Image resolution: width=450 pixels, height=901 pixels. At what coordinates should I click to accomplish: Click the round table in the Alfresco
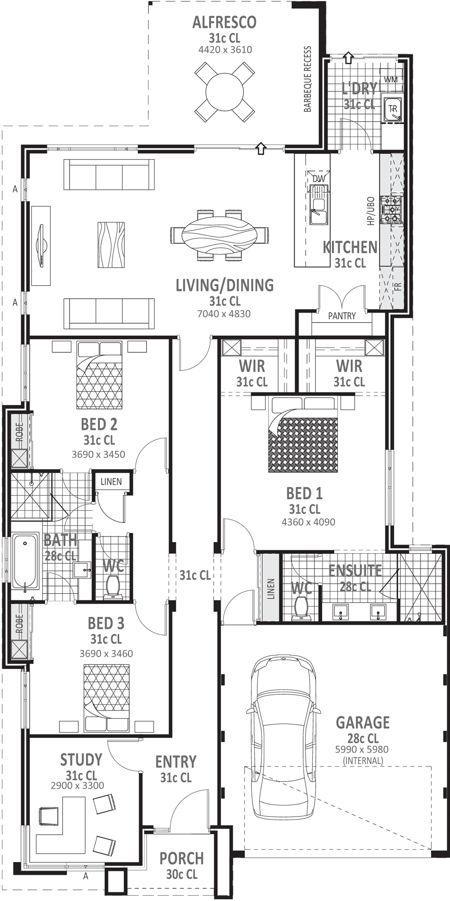tap(225, 92)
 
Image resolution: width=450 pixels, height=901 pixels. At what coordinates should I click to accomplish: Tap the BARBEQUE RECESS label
tap(308, 79)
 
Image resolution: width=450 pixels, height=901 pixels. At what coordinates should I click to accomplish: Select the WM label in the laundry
tap(391, 80)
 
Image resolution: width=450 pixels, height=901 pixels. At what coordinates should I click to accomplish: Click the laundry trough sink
tap(393, 109)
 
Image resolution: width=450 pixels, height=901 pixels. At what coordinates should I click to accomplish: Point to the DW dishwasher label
tap(318, 179)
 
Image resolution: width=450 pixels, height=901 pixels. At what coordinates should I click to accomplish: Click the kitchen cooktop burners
tap(391, 209)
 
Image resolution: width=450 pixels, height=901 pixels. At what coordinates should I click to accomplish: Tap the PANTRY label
tap(342, 316)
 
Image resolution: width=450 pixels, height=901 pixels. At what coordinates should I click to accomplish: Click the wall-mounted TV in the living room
tap(41, 246)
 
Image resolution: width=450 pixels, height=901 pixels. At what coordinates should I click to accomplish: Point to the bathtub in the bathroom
tap(25, 561)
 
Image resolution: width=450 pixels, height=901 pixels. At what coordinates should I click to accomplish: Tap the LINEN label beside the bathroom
tap(111, 482)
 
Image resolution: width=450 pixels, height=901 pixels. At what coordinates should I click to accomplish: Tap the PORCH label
tap(182, 858)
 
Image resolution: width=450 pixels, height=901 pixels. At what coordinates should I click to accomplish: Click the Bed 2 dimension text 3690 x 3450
tap(99, 454)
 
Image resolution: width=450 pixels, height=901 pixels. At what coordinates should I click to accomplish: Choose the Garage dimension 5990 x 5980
tap(362, 749)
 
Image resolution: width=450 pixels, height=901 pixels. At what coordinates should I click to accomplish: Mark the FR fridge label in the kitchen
tap(398, 287)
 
